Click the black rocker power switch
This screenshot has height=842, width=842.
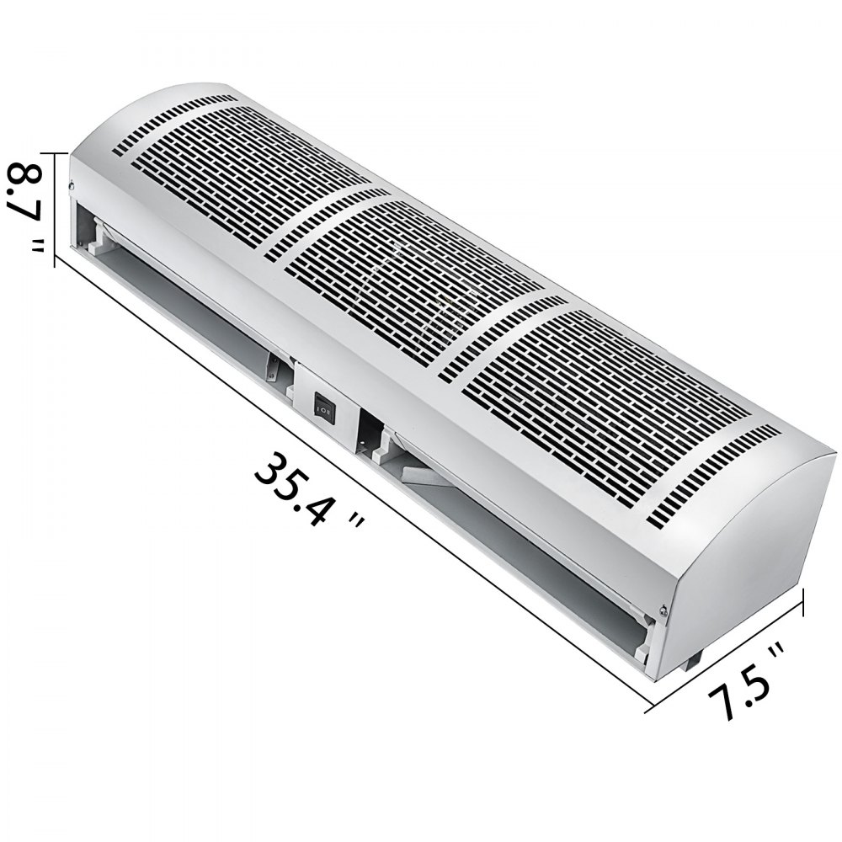point(323,408)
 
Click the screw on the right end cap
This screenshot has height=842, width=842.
point(663,612)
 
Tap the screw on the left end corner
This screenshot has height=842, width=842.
point(72,185)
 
